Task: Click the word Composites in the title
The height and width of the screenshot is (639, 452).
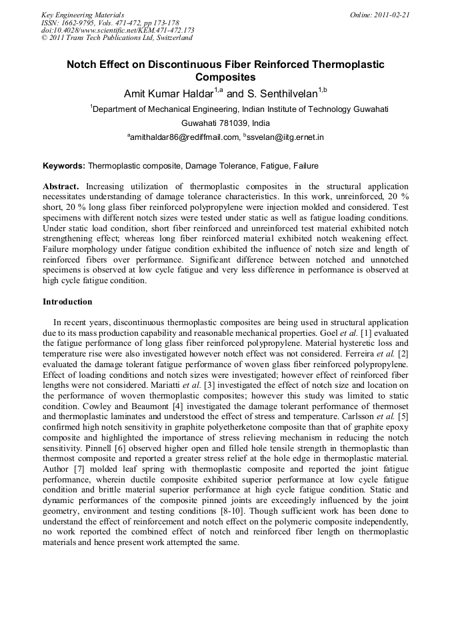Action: pos(225,77)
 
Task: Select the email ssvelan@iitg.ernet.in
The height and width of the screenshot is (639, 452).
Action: pos(285,137)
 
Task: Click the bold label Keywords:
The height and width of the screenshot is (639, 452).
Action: pos(64,165)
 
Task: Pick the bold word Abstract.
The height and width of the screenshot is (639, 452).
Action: pos(61,187)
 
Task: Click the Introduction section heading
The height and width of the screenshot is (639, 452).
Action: pos(67,302)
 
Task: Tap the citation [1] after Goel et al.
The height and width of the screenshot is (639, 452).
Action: pos(365,332)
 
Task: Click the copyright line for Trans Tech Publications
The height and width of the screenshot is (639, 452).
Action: pos(117,38)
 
